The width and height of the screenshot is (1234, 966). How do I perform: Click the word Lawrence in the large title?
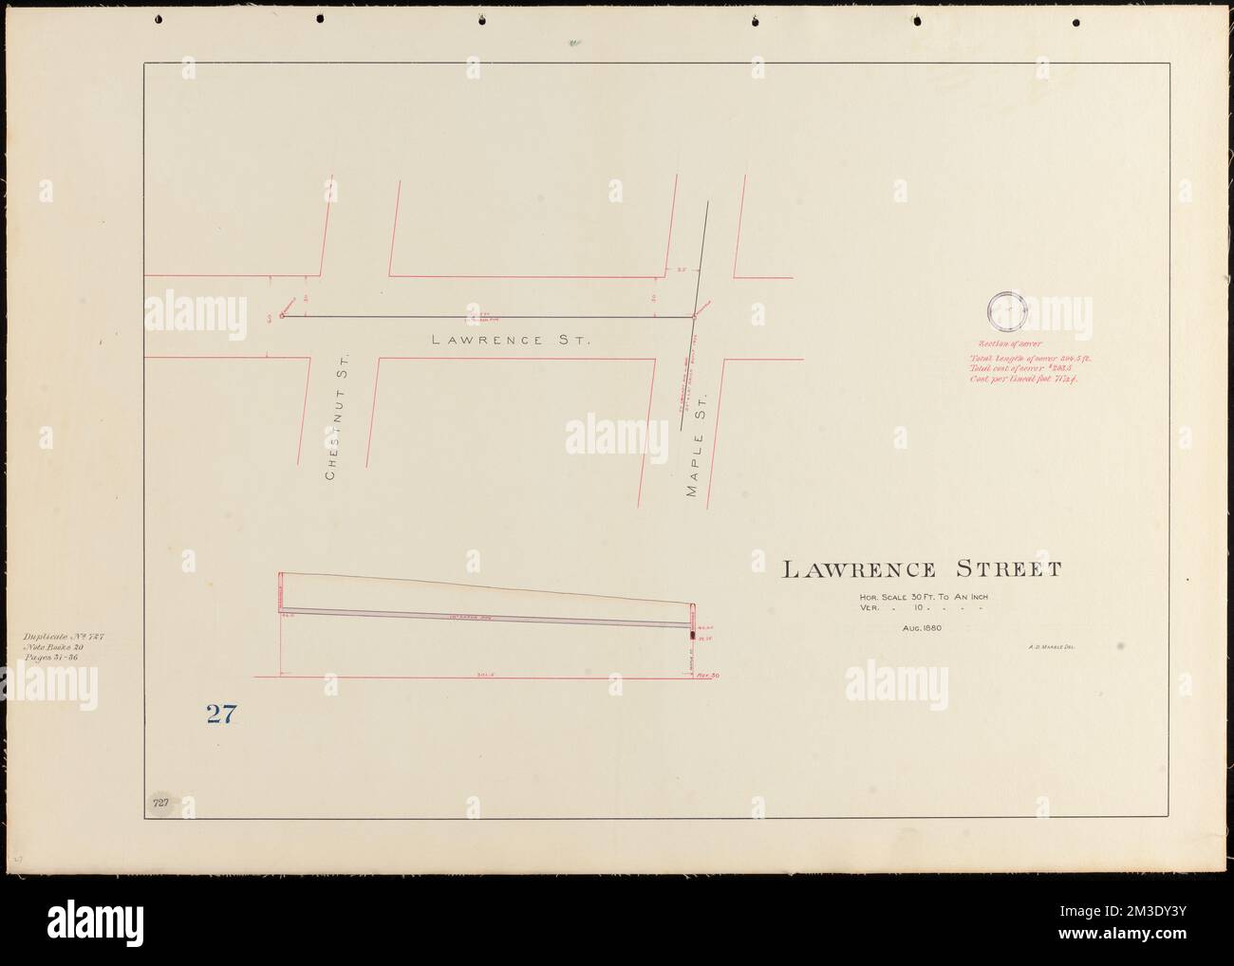pos(858,569)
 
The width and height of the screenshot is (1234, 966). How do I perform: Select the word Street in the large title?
pos(1008,569)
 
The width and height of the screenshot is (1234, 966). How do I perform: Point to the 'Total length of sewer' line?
pos(1026,358)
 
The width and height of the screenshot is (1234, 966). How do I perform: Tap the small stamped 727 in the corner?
pos(160,803)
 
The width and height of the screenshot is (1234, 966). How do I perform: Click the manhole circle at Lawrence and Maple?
pos(694,318)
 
